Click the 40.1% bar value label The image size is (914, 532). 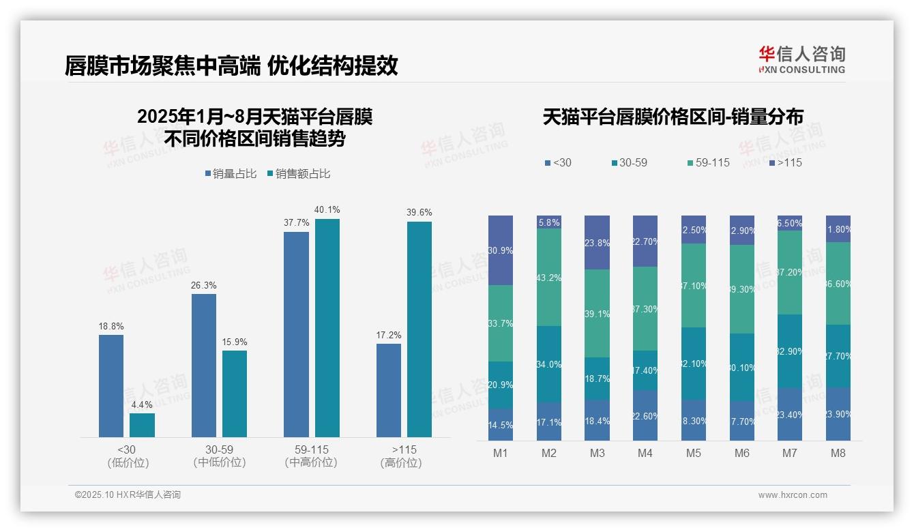(x=327, y=210)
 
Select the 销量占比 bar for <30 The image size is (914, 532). (x=111, y=385)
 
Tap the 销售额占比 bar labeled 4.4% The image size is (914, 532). (x=142, y=425)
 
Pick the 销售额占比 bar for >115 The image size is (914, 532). (x=419, y=329)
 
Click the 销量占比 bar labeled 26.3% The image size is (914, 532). (x=204, y=365)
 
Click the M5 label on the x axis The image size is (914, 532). (x=694, y=454)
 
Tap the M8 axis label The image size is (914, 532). (x=838, y=454)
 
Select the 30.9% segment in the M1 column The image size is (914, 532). (x=501, y=250)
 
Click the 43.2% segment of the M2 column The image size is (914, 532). (x=549, y=278)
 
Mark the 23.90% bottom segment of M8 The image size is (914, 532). (x=838, y=414)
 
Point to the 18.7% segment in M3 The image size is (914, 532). (x=598, y=379)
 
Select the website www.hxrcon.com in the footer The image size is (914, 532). (x=793, y=495)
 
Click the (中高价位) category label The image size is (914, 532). (x=311, y=463)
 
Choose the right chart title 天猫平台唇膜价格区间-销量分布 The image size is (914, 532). (x=673, y=117)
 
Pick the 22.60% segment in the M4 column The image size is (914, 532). (x=645, y=415)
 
